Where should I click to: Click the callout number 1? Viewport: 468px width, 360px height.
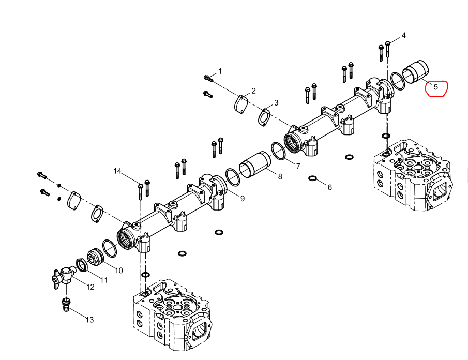pos(220,71)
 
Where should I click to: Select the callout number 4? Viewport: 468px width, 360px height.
pos(403,36)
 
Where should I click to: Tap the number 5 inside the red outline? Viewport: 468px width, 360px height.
pos(436,87)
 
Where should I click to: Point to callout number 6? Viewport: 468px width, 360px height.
pos(329,187)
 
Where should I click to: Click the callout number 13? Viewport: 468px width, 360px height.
pos(89,320)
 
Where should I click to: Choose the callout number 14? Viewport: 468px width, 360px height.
pos(117,171)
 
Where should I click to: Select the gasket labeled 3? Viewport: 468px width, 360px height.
pos(264,117)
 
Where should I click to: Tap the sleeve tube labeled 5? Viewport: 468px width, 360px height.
pos(416,72)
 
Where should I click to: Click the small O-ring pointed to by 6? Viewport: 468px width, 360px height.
pos(312,178)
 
